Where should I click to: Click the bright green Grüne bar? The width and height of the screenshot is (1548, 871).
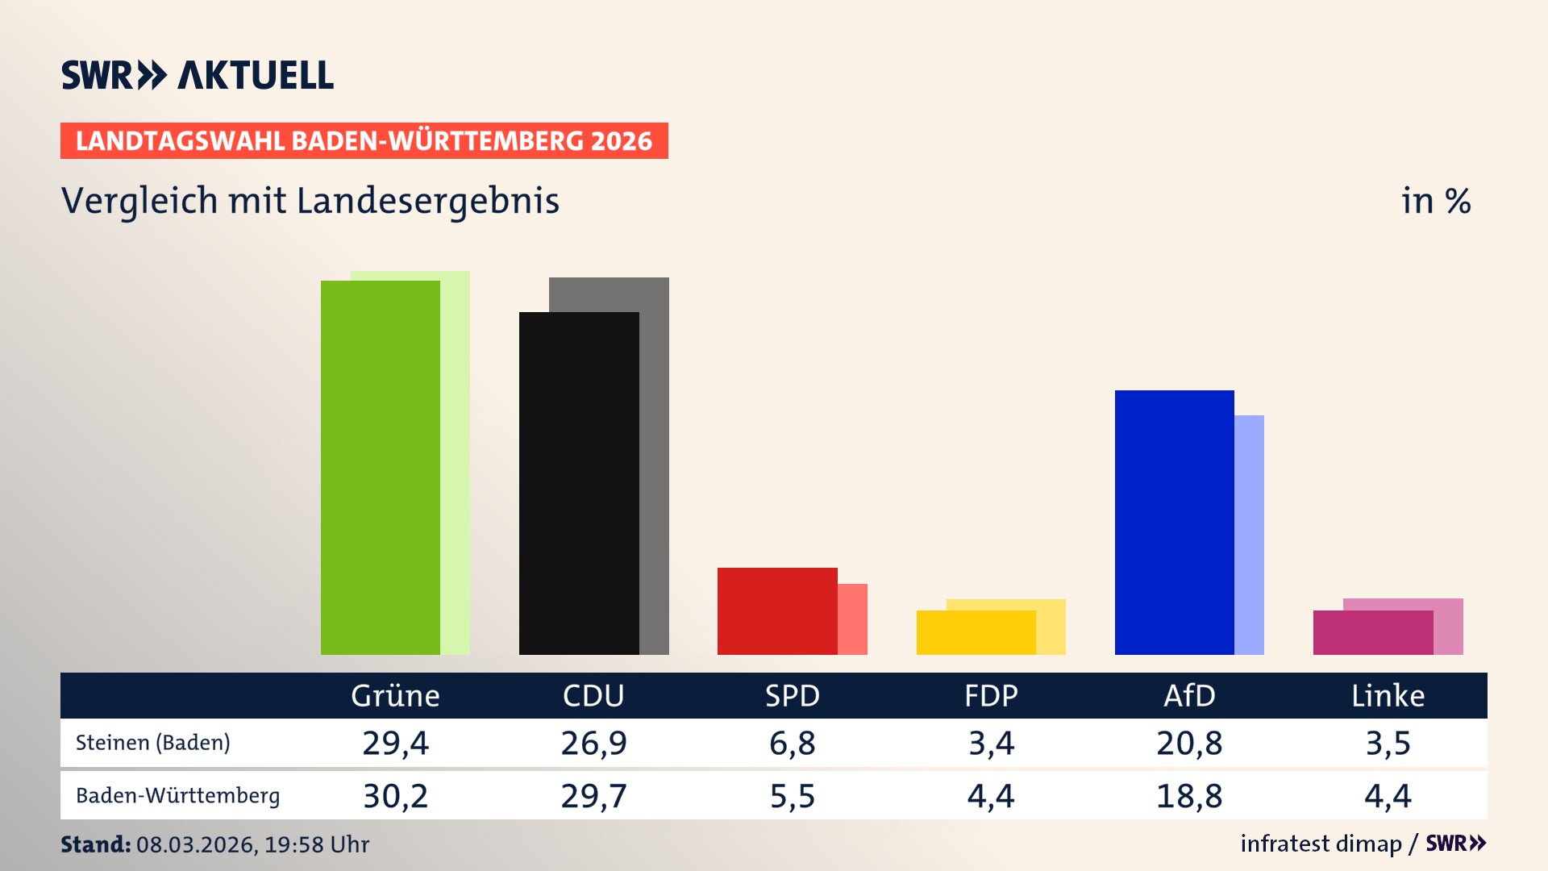coord(381,468)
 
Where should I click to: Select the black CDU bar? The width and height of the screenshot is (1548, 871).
coord(579,484)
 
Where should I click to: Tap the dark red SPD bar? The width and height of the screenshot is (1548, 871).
coord(777,611)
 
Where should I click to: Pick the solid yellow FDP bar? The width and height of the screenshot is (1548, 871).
coord(976,633)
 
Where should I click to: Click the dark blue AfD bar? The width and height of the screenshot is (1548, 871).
coord(1174,523)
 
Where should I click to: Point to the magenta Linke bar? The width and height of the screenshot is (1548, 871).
coord(1372,633)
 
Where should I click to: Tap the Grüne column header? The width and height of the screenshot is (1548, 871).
coord(395,696)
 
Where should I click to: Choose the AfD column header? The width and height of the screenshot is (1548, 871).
coord(1189,696)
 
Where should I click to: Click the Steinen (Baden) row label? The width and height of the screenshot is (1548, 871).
coord(153,743)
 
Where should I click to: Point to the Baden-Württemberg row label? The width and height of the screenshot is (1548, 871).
coord(177,796)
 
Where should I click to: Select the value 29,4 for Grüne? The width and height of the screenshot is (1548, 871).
coord(395,743)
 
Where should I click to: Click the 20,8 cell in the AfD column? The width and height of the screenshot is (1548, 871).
coord(1189,743)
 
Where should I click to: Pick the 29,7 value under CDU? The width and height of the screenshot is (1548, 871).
coord(593,796)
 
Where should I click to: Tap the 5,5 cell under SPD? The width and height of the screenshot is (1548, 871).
coord(792,796)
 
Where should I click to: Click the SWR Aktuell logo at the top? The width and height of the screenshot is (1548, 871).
coord(198,75)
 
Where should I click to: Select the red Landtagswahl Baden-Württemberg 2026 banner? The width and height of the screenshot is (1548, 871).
coord(364,141)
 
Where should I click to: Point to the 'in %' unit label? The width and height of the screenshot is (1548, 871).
coord(1435,201)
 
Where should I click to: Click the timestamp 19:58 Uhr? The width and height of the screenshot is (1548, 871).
coord(316,844)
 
